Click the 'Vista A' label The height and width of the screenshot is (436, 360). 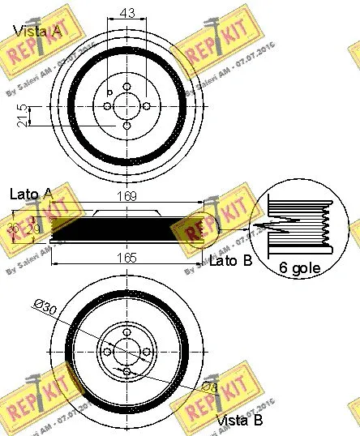(37, 32)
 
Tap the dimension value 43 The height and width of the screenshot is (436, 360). (126, 14)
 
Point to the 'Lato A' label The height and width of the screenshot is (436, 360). (32, 194)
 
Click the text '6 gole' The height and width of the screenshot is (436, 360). (301, 267)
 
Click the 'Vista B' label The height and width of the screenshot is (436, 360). (239, 421)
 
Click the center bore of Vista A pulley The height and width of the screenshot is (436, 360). (126, 105)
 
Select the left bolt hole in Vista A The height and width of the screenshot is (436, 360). (107, 105)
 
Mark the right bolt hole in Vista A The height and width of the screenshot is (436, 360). (146, 105)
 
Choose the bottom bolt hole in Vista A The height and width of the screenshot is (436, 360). (126, 125)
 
